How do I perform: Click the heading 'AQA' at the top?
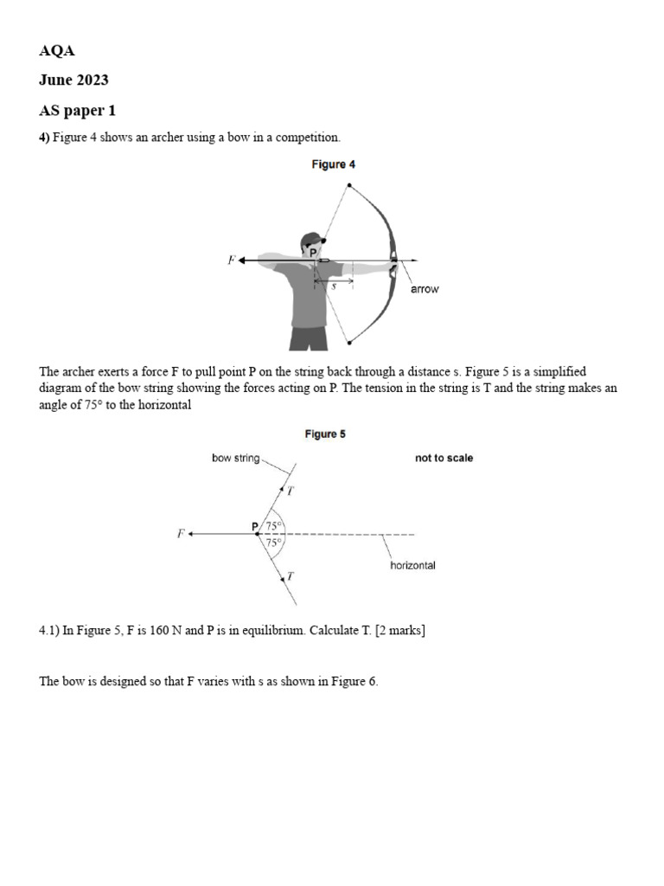(57, 50)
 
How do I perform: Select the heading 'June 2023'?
(73, 80)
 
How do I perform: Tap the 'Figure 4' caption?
(334, 164)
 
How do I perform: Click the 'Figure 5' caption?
(325, 434)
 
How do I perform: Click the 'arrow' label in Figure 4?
(424, 290)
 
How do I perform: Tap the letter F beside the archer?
(231, 260)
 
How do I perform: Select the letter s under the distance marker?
(334, 286)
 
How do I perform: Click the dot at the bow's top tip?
(349, 185)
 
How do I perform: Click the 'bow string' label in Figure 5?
(235, 459)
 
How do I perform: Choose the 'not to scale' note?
(444, 459)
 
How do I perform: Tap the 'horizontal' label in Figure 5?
(412, 566)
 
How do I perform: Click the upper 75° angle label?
(274, 526)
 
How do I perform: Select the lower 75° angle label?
(274, 543)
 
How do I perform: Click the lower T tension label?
(290, 576)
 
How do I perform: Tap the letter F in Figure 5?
(181, 534)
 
